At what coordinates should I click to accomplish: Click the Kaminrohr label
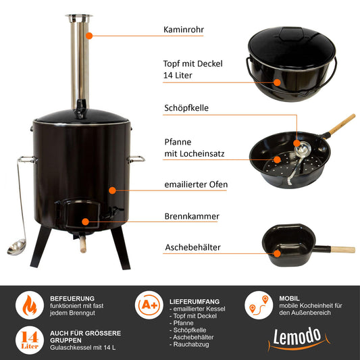pyautogui.click(x=184, y=30)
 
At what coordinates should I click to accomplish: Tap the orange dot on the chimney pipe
pyautogui.click(x=89, y=36)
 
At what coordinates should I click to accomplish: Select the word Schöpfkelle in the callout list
pyautogui.click(x=186, y=108)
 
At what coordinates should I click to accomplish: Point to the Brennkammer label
pyautogui.click(x=192, y=216)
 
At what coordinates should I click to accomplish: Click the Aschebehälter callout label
pyautogui.click(x=193, y=247)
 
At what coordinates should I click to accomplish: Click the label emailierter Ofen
pyautogui.click(x=196, y=184)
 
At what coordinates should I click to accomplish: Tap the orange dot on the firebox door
pyautogui.click(x=85, y=222)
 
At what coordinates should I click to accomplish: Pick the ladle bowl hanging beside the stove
pyautogui.click(x=16, y=247)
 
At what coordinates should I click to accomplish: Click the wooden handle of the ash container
pyautogui.click(x=342, y=249)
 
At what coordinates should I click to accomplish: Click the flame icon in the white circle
pyautogui.click(x=30, y=305)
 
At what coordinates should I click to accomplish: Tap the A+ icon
pyautogui.click(x=149, y=305)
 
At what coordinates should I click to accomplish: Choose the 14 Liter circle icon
pyautogui.click(x=30, y=340)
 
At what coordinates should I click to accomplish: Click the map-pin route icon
pyautogui.click(x=259, y=305)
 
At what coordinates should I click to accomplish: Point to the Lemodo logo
pyautogui.click(x=299, y=338)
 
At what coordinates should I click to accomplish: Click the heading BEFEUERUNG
pyautogui.click(x=72, y=299)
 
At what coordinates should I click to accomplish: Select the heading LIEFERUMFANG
pyautogui.click(x=195, y=301)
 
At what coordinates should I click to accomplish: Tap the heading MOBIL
pyautogui.click(x=289, y=299)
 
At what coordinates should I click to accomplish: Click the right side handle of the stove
pyautogui.click(x=136, y=159)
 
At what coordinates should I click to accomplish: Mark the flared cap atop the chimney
pyautogui.click(x=79, y=18)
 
